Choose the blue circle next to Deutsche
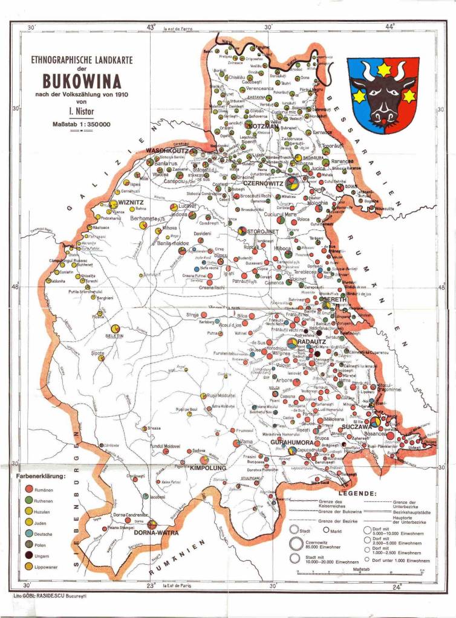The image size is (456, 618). [x=28, y=534]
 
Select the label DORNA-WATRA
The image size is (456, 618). [x=154, y=533]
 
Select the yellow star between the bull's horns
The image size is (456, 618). [x=383, y=70]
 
